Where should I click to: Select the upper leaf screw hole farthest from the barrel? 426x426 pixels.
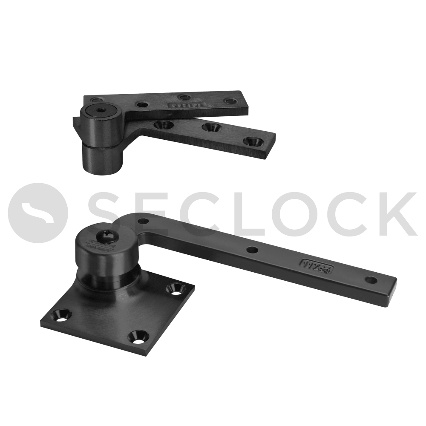click(231, 101)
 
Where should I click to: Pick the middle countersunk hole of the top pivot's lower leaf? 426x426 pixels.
click(209, 127)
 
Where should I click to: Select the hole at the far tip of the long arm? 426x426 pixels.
click(371, 280)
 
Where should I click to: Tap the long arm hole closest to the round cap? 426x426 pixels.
click(144, 221)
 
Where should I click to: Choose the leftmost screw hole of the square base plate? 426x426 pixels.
click(61, 316)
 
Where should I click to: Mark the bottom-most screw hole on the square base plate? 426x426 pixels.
click(138, 337)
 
